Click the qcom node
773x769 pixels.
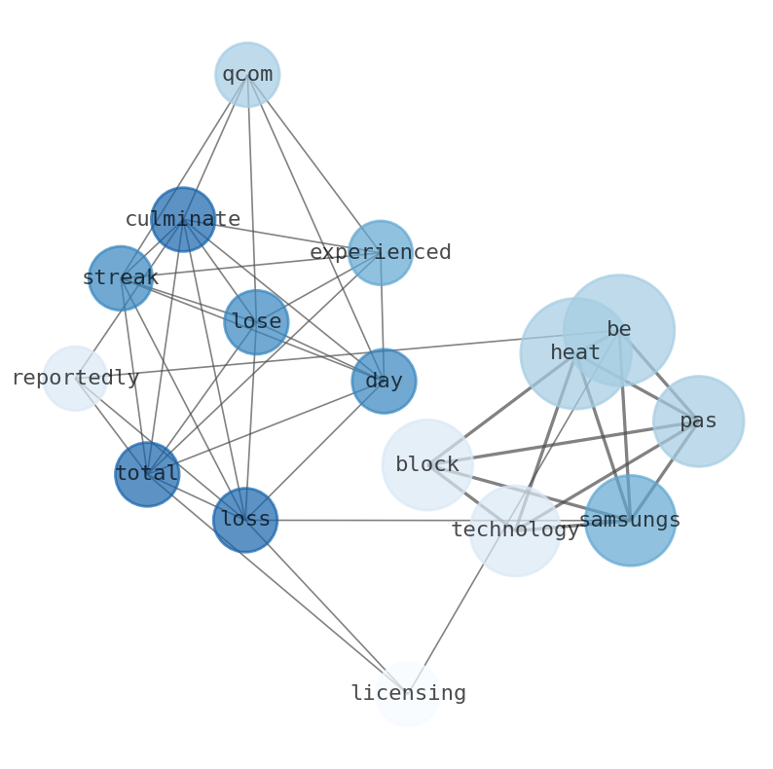coord(247,74)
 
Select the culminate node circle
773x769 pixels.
coord(183,219)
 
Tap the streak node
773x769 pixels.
coord(121,277)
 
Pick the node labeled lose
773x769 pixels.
coord(256,321)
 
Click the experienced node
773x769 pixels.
coord(381,252)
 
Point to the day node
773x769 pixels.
coord(384,381)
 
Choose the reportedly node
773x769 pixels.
coord(75,378)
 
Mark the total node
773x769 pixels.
coord(147,474)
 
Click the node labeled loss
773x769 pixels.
coord(245,520)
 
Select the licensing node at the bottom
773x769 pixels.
coord(408,693)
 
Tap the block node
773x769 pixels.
coord(427,464)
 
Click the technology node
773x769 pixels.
coord(515,531)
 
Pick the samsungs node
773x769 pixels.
coord(630,520)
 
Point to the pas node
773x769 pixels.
coord(698,421)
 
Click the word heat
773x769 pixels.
coord(575,353)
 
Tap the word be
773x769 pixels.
coord(619,329)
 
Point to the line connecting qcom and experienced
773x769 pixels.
coord(313,163)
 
